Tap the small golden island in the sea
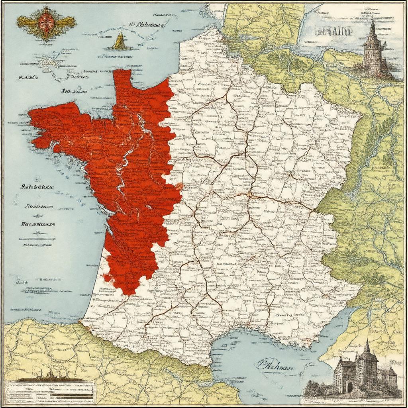click(120, 41)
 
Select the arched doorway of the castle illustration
click(350, 387)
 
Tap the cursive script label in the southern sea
click(275, 365)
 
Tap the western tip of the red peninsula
click(31, 116)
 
